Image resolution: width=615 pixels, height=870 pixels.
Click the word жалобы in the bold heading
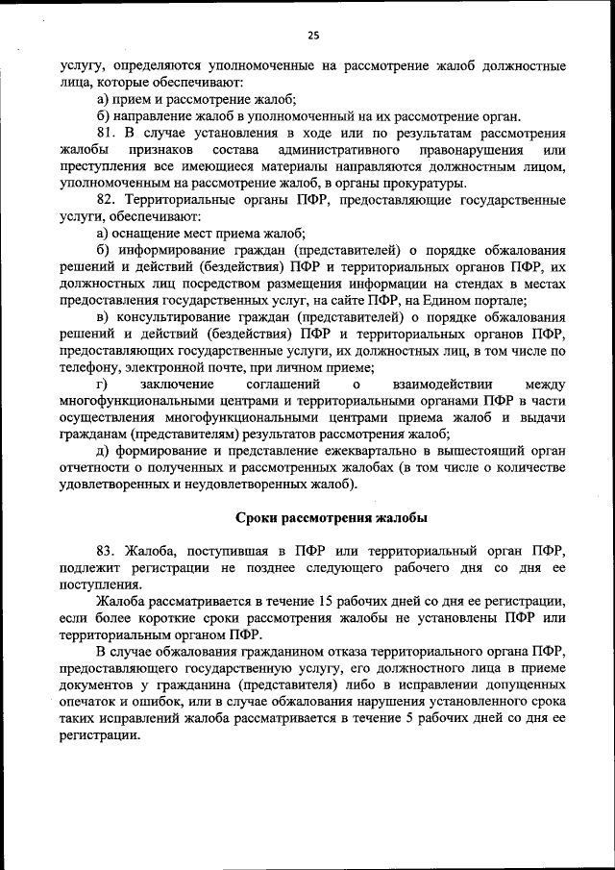pos(397,517)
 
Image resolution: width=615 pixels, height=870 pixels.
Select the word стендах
pos(472,284)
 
